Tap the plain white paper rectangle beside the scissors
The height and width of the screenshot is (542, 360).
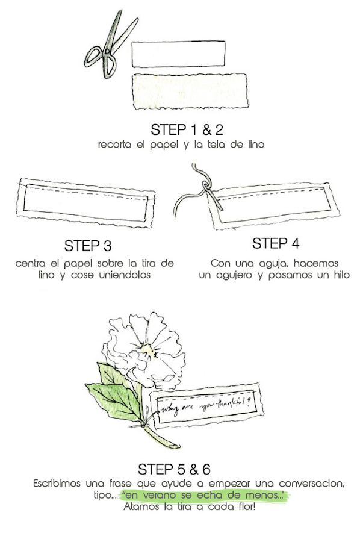pos(179,54)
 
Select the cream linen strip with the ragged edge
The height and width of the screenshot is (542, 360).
pos(190,92)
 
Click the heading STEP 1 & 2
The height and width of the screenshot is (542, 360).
pos(187,130)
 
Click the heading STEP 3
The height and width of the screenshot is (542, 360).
pos(88,246)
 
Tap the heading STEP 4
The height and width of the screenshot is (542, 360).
pos(276,243)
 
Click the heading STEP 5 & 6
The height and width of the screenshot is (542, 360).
pos(174,469)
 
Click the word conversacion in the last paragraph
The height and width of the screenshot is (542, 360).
pos(312,483)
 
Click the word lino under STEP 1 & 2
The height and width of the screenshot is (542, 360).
pos(256,144)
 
